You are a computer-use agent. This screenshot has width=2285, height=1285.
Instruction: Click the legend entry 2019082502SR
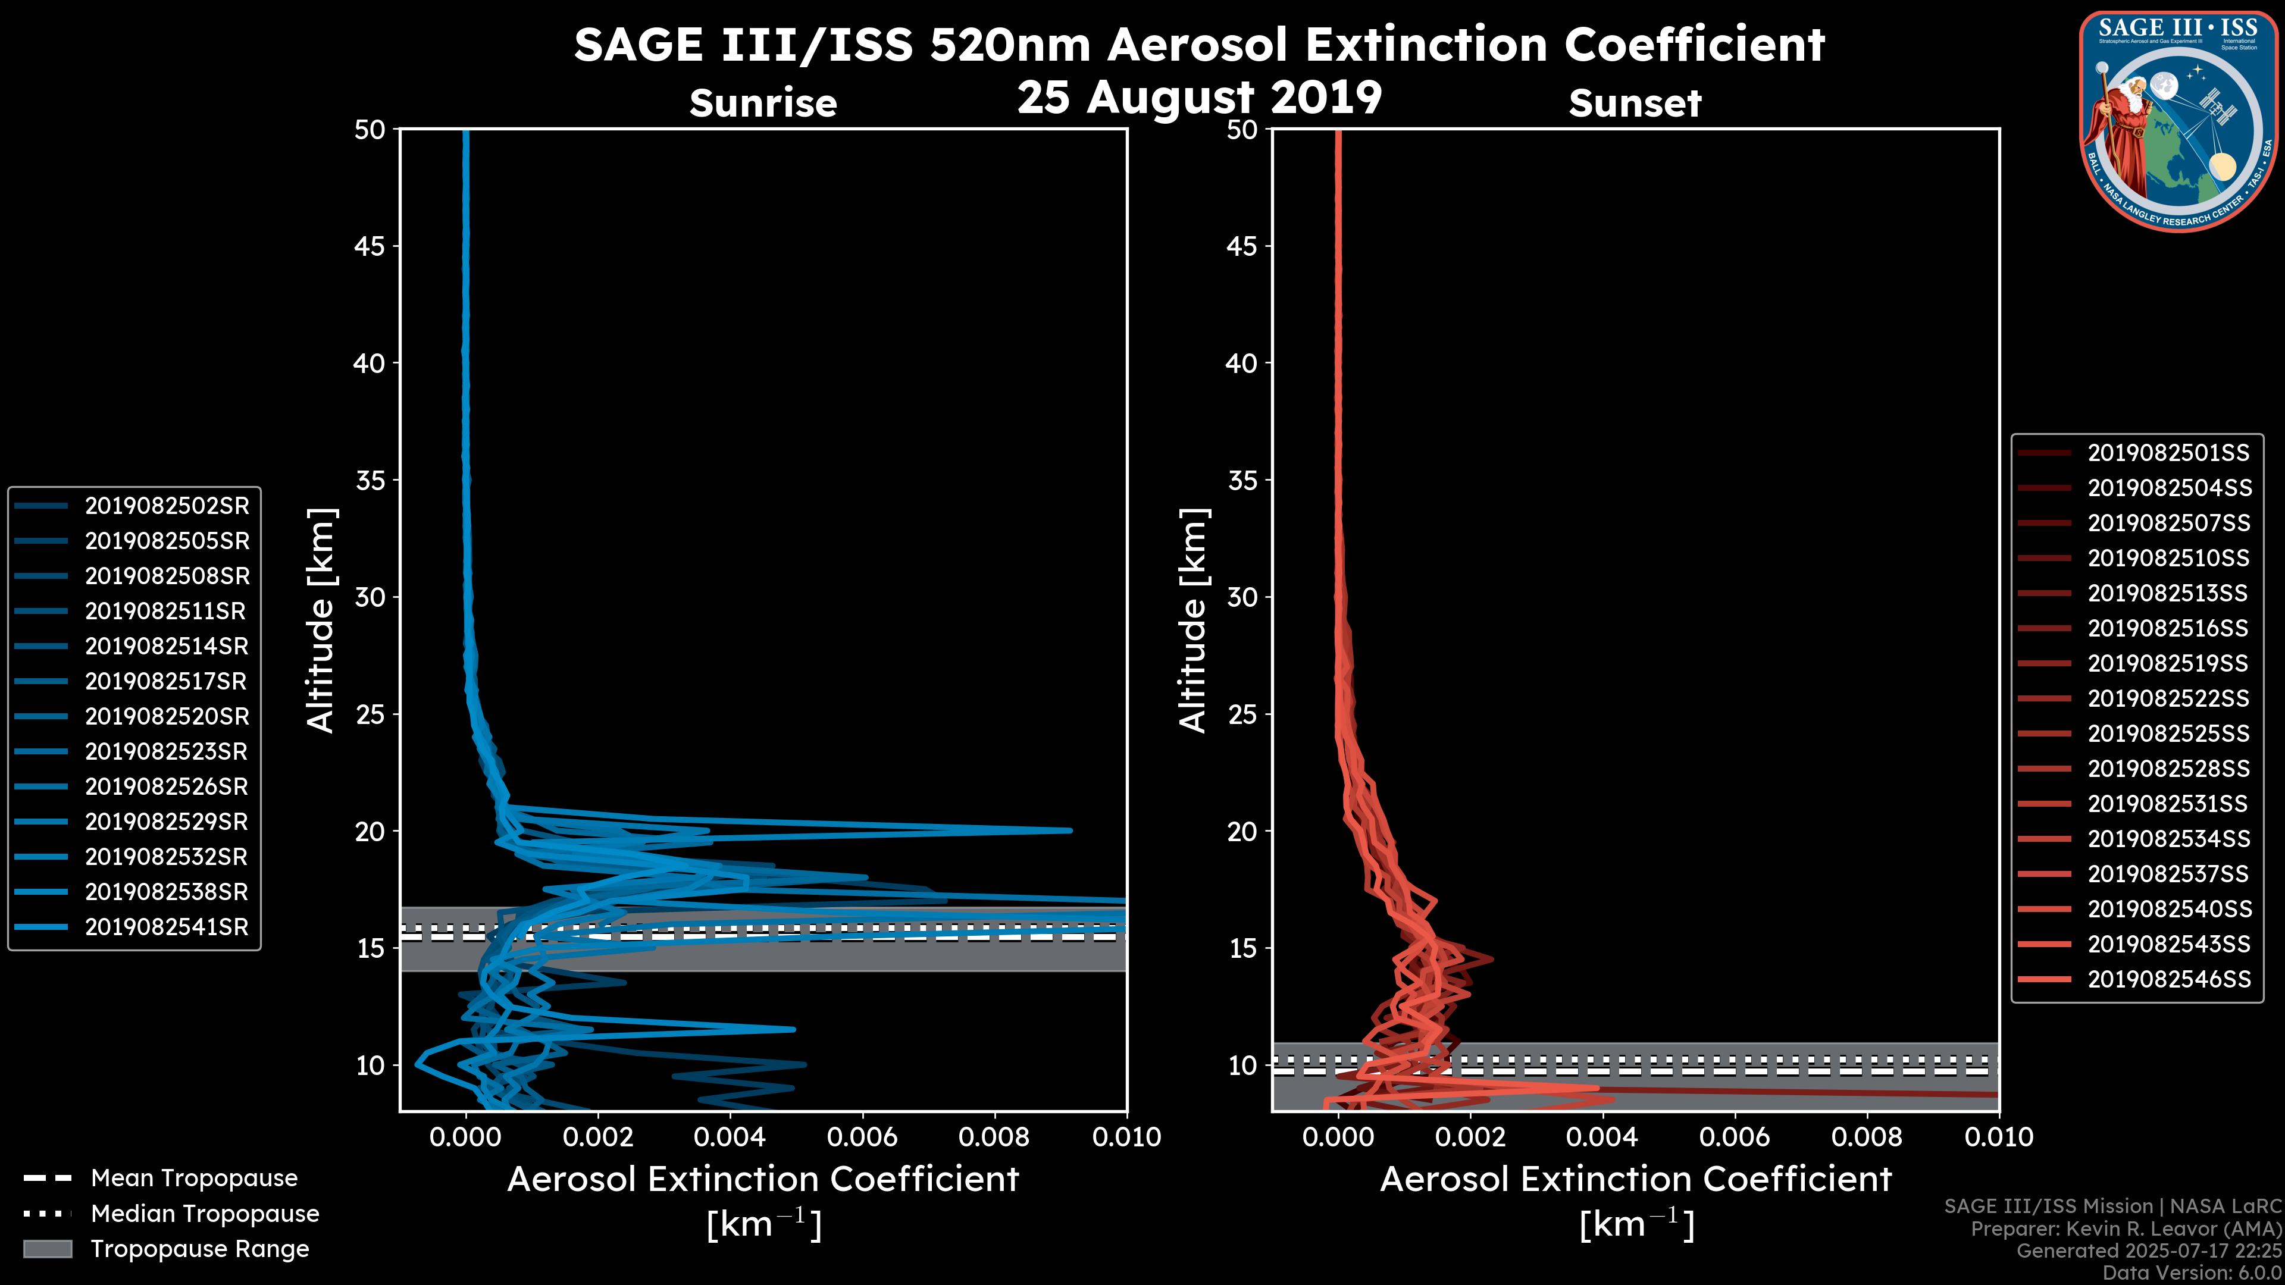[x=167, y=506]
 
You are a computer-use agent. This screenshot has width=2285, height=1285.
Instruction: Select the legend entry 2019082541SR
[x=167, y=927]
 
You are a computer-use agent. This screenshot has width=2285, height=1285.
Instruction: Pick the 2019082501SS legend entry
[x=2168, y=453]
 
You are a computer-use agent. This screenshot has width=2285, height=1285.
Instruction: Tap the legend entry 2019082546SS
[x=2168, y=979]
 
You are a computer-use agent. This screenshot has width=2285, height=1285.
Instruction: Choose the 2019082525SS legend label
[x=2168, y=734]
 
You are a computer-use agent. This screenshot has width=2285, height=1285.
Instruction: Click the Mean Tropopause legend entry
[x=193, y=1178]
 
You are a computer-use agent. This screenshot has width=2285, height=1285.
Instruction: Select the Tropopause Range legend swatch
[x=48, y=1249]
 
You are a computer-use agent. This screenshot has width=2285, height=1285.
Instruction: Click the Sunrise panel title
[x=763, y=103]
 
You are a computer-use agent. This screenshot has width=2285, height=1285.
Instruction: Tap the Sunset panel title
[x=1635, y=103]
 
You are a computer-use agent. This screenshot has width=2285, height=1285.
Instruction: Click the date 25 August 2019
[x=1199, y=96]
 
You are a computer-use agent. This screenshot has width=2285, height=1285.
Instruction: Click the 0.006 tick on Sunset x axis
[x=1735, y=1137]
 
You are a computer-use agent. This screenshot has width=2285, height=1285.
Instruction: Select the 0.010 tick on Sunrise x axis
[x=1126, y=1137]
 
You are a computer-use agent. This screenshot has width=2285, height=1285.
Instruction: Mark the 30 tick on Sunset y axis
[x=1242, y=597]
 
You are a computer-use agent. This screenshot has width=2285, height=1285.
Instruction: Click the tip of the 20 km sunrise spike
[x=1070, y=831]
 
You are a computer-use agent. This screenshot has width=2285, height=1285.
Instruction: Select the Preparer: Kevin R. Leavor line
[x=2126, y=1229]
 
